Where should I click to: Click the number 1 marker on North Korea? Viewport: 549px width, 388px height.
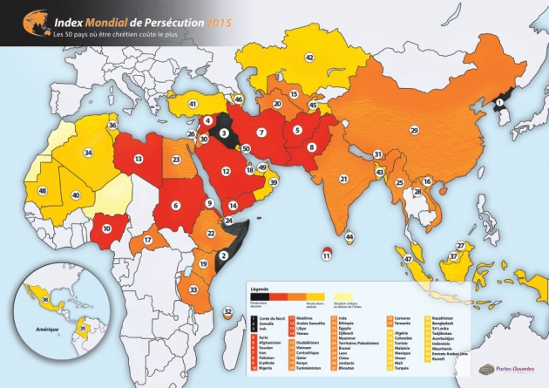[499, 103]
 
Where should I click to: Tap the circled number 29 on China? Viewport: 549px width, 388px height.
[414, 130]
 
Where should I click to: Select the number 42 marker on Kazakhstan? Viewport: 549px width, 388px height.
[309, 58]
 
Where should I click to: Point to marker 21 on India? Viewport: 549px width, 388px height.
[344, 179]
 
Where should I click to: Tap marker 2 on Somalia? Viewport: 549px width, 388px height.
[224, 255]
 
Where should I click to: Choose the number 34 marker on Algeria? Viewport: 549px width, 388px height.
[88, 153]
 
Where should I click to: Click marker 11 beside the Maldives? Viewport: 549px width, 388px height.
[327, 255]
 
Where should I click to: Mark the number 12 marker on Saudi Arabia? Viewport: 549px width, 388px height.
[226, 172]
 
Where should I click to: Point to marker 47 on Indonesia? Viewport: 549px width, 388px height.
[408, 258]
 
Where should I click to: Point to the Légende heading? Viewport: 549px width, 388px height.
[261, 287]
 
